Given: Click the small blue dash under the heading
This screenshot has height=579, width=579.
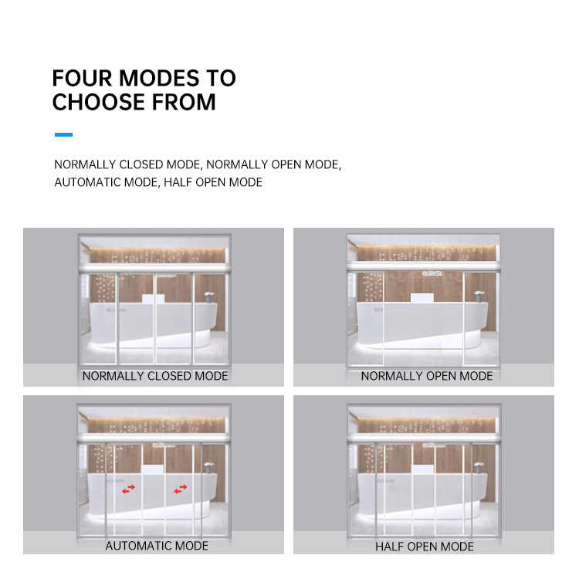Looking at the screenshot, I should click(x=63, y=135).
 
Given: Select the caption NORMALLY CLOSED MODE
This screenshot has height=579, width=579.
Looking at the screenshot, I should click(x=155, y=376).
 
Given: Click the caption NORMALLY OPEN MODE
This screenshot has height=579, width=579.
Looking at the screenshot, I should click(x=426, y=376).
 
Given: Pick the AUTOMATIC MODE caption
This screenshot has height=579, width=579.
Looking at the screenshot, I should click(x=157, y=545).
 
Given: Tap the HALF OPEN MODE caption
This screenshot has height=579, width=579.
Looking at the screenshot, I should click(x=425, y=546).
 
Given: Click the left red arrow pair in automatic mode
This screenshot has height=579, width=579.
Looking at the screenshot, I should click(x=128, y=489).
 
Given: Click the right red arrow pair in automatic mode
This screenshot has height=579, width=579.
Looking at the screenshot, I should click(x=181, y=489).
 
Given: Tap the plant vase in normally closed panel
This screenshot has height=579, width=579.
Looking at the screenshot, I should click(x=208, y=295).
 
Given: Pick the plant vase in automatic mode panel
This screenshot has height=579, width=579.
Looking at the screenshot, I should click(x=208, y=465).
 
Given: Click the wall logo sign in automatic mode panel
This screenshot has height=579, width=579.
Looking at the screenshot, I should click(x=163, y=445).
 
